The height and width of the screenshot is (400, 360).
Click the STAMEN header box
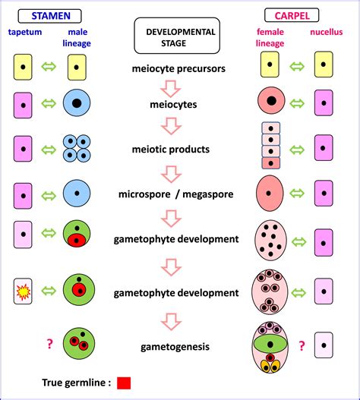tap(50, 14)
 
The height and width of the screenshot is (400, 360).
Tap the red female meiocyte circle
tap(271, 101)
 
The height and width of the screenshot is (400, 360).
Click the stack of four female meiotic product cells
tap(271, 146)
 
